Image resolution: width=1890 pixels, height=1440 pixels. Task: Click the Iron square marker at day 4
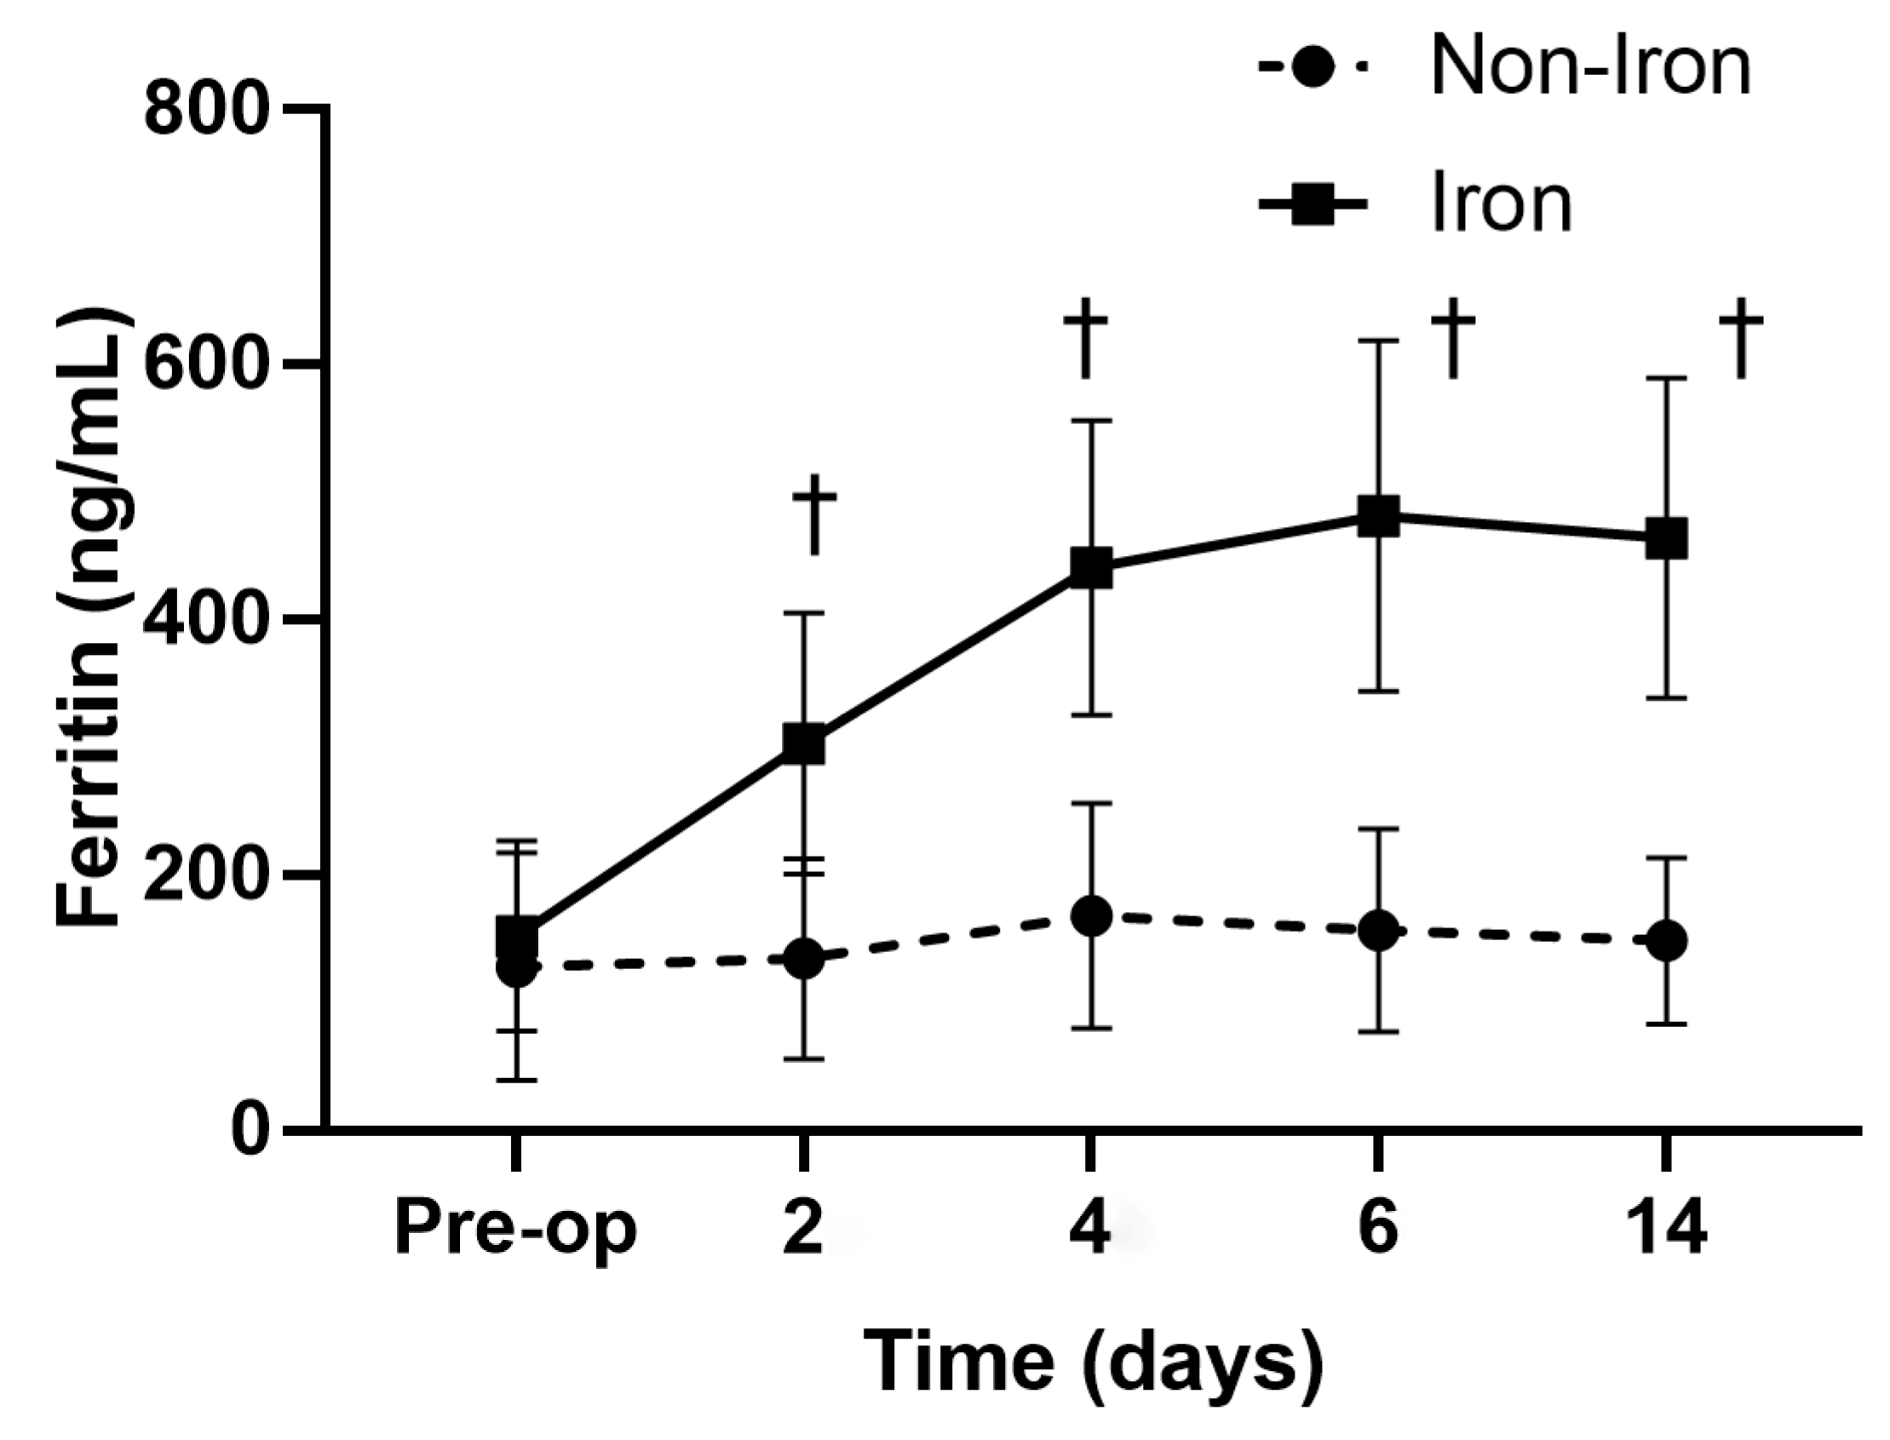click(x=1091, y=568)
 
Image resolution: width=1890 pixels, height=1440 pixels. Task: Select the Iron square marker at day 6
click(x=1379, y=516)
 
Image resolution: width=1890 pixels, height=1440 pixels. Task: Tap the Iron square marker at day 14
click(x=1666, y=539)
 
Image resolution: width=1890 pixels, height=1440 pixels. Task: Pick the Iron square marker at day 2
click(x=804, y=743)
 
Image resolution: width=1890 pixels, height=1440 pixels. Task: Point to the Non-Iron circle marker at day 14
click(x=1666, y=941)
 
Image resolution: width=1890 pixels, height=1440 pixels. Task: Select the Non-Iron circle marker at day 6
click(x=1379, y=931)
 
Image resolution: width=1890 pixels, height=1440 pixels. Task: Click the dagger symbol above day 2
click(x=813, y=514)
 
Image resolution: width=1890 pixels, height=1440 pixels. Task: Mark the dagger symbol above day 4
click(x=1085, y=338)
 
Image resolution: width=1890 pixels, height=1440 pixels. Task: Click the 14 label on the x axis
click(x=1666, y=1229)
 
